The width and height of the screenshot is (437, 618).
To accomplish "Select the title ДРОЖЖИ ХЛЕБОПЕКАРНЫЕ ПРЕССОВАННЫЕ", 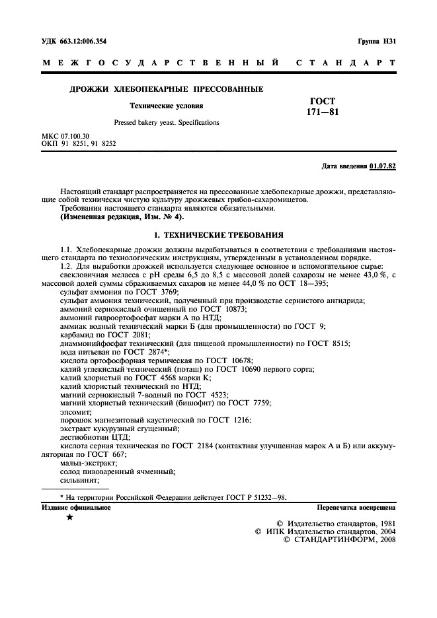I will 167,88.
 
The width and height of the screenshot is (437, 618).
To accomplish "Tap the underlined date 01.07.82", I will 383,165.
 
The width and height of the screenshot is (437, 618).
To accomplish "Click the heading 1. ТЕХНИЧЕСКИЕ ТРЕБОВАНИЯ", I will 218,234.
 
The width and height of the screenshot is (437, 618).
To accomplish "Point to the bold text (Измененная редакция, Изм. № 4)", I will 122,217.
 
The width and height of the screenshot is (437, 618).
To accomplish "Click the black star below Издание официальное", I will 70,518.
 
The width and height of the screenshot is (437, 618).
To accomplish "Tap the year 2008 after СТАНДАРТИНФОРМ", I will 383,539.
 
